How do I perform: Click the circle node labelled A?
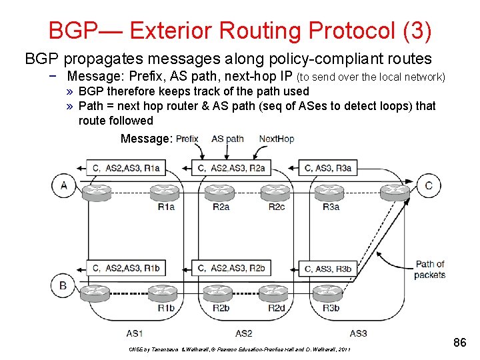[x=63, y=185]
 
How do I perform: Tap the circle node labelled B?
[x=63, y=286]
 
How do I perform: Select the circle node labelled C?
[x=429, y=185]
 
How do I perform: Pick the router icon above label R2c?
[x=275, y=192]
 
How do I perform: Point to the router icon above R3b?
[x=331, y=292]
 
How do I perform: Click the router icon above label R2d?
[x=275, y=292]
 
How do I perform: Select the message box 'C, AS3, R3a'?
[x=327, y=168]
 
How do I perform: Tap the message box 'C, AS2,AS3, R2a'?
[x=237, y=168]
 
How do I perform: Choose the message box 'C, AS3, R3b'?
[x=327, y=269]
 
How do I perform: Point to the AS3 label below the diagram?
[x=358, y=333]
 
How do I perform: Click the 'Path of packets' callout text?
[x=429, y=269]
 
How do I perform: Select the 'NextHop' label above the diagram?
[x=277, y=139]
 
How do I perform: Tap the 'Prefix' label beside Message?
[x=188, y=139]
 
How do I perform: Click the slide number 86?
[x=459, y=343]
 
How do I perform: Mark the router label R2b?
[x=221, y=307]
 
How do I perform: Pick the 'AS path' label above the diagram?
[x=227, y=139]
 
